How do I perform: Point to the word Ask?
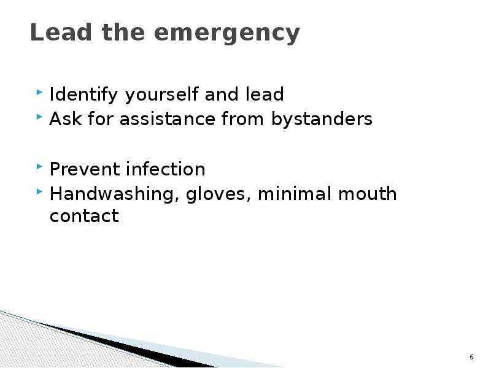pyautogui.click(x=62, y=119)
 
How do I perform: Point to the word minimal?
pyautogui.click(x=295, y=194)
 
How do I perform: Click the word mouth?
pyautogui.click(x=366, y=194)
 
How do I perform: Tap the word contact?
pyautogui.click(x=83, y=216)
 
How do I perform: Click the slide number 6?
pyautogui.click(x=471, y=357)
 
